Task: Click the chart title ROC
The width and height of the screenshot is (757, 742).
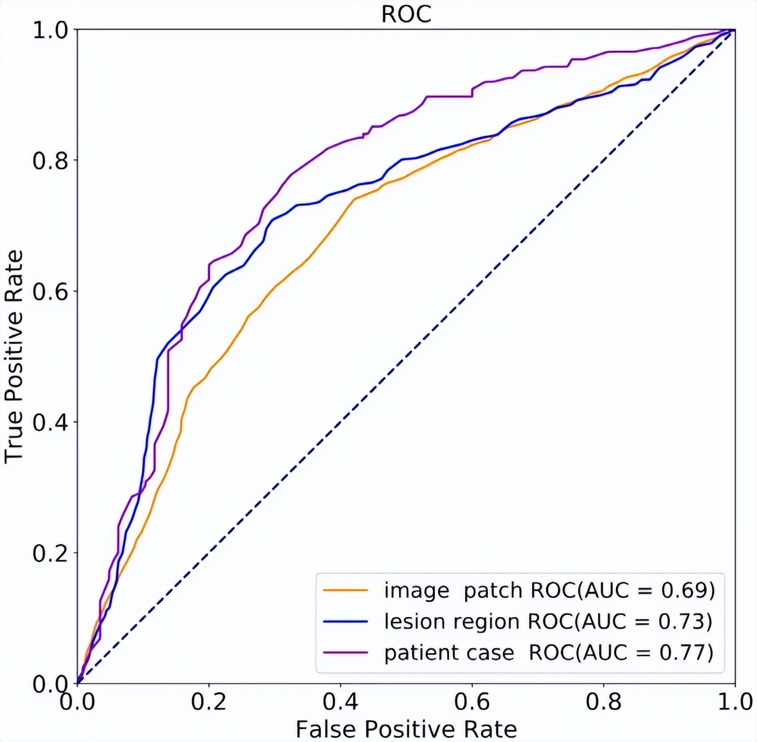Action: (406, 14)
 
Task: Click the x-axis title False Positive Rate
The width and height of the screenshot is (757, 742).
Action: (406, 729)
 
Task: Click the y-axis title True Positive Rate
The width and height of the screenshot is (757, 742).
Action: (14, 356)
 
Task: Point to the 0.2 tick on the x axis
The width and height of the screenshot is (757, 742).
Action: (209, 701)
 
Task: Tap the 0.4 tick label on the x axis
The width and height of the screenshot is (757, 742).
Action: (340, 701)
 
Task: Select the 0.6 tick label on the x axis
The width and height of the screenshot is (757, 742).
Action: (472, 701)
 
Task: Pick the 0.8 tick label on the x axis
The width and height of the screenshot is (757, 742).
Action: (603, 701)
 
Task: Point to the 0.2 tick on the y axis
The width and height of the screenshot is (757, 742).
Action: (50, 553)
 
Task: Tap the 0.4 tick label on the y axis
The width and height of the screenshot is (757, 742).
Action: (50, 422)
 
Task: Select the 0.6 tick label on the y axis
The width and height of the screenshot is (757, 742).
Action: (50, 291)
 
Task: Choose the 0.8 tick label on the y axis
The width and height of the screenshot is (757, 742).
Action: (50, 161)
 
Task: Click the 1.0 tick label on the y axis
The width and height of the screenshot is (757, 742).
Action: (50, 30)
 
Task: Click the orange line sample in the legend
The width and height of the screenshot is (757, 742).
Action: (346, 589)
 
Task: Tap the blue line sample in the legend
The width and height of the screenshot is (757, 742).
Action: (346, 621)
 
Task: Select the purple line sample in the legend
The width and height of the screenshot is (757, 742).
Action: (346, 652)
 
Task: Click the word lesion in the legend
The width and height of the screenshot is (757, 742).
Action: (410, 621)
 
